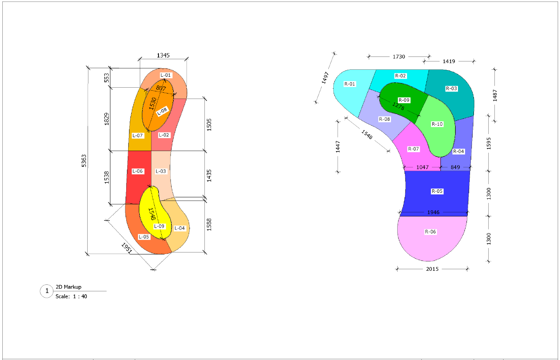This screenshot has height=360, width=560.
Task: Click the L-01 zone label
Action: point(166,75)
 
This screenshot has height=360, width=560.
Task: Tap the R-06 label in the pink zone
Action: point(430,232)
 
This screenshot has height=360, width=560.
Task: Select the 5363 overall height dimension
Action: point(84,161)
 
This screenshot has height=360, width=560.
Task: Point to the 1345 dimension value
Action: point(163,55)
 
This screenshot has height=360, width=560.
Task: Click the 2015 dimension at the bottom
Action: point(432,269)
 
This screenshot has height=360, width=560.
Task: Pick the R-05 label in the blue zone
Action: point(437,191)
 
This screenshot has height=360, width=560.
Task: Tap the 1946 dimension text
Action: point(433,212)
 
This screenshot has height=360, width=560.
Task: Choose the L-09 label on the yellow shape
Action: point(159,226)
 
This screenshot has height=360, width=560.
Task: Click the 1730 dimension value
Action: point(399,57)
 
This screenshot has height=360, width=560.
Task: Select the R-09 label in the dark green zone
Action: point(404,100)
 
